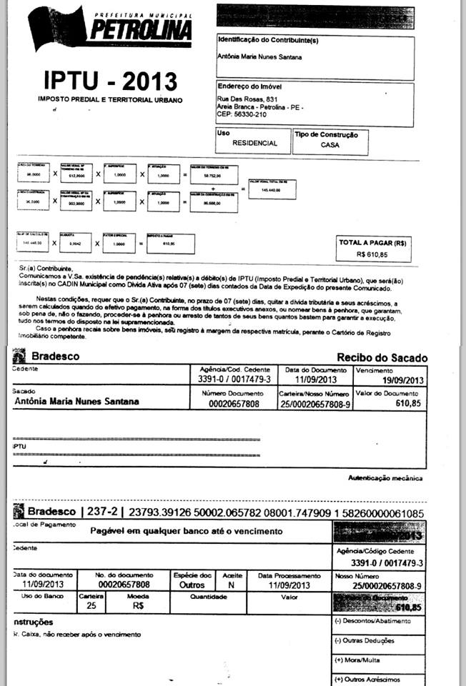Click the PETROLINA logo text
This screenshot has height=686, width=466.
point(141,29)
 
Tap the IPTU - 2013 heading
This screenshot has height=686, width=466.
point(110,80)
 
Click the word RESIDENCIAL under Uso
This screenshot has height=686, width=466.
point(254,143)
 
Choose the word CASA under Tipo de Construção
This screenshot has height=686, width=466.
point(330,144)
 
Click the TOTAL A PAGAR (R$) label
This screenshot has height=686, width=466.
point(372,243)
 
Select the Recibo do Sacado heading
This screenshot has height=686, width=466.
point(382,357)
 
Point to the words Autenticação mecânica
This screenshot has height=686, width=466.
point(385,477)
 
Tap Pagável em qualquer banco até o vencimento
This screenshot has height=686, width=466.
point(187,531)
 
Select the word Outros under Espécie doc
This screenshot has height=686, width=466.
point(192,584)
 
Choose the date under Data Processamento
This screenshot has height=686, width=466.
point(289,584)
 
